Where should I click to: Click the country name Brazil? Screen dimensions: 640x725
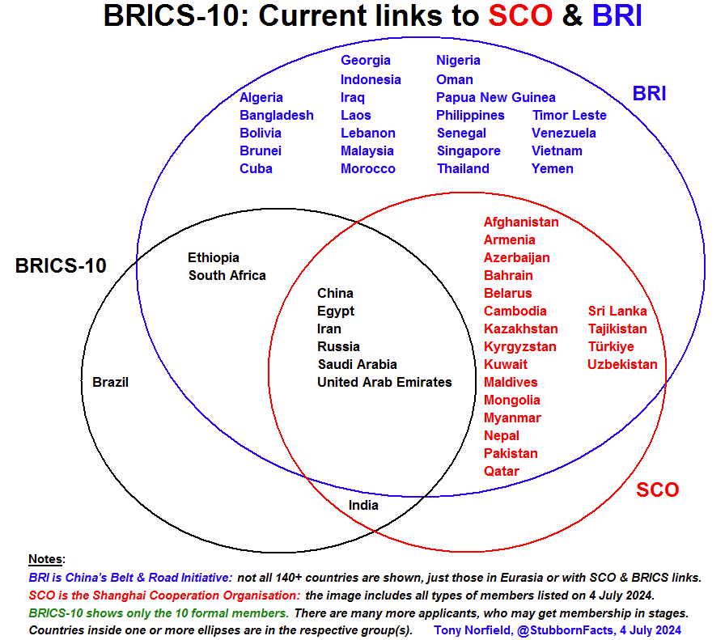coord(110,382)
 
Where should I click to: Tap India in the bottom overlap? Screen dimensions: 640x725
coord(363,505)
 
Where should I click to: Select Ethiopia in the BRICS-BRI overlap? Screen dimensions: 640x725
coord(214,257)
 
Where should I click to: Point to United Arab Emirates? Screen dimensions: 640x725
coord(384,382)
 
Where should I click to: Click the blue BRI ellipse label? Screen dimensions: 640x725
coord(649,94)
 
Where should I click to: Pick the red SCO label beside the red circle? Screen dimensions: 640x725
coord(657,490)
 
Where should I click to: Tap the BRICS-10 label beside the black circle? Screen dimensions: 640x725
coord(61,265)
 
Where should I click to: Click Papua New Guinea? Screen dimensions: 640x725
coord(495,97)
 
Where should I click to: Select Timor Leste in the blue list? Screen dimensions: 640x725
coord(569,115)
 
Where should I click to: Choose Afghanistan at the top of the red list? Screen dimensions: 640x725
coord(521,222)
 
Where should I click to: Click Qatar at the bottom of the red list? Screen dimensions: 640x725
coord(502,471)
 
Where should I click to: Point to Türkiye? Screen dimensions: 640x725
coord(611,346)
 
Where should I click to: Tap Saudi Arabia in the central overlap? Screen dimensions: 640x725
coord(357,364)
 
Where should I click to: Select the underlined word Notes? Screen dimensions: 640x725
coord(46,559)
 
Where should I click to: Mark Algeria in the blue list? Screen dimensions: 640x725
coord(261,97)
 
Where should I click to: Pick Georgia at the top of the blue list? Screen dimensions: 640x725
coord(366,60)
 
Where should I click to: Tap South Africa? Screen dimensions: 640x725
coord(227,275)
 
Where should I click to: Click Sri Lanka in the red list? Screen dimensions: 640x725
coord(617,311)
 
